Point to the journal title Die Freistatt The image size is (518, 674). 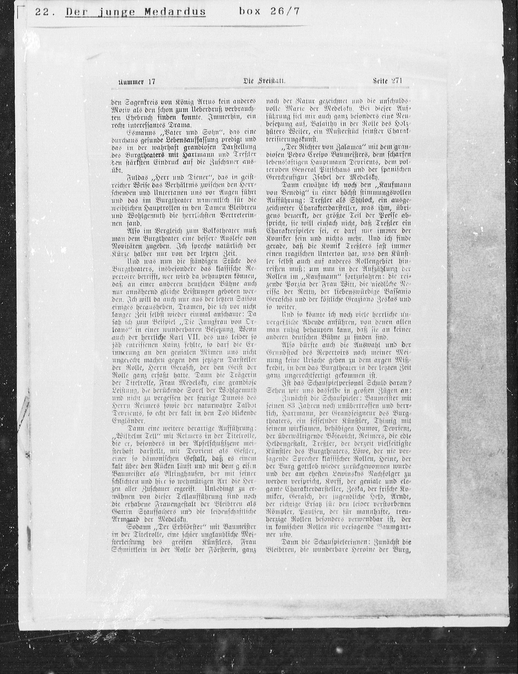pos(264,81)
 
